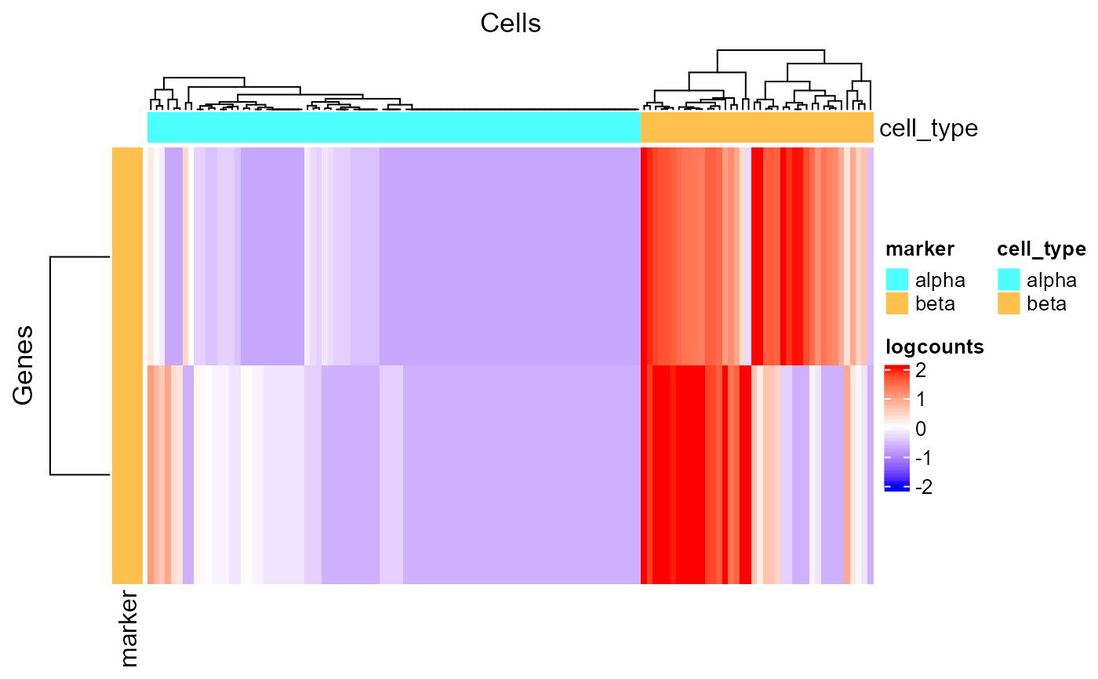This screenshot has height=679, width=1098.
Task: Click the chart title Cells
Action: [x=510, y=24]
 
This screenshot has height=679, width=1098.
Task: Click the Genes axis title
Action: [x=24, y=365]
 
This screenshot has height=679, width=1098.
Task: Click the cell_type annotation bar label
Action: [x=929, y=128]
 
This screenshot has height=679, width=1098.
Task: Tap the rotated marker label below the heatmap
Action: [x=125, y=630]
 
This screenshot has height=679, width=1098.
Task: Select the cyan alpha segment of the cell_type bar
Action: [x=394, y=128]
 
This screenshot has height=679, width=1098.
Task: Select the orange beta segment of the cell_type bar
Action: [x=757, y=128]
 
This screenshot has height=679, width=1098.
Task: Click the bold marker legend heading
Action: [x=920, y=249]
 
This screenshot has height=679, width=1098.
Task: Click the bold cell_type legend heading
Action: [x=1041, y=249]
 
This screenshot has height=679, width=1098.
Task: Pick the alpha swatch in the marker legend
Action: [x=897, y=279]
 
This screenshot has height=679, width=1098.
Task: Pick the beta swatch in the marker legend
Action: [x=897, y=303]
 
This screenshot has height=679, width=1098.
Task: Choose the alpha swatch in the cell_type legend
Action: [x=1009, y=279]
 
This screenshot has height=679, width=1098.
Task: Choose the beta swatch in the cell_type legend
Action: [x=1009, y=303]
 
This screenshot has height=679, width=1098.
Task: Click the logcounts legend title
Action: [x=935, y=347]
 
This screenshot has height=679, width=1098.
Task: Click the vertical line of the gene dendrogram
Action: [x=51, y=365]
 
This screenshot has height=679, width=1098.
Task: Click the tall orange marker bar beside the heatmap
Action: [x=127, y=365]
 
